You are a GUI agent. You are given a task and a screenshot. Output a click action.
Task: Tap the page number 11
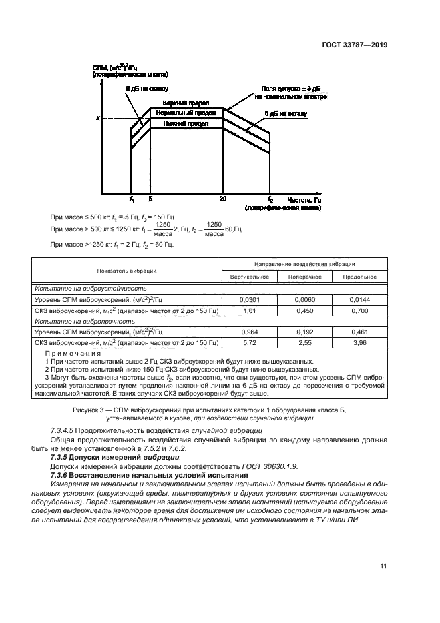click(383, 567)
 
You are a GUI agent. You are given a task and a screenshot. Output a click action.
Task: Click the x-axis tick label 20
click(223, 199)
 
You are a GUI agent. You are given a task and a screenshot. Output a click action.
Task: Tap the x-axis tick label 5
click(151, 199)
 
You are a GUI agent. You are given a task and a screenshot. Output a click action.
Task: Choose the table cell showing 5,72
click(250, 342)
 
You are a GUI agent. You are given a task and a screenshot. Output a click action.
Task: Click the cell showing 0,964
click(250, 330)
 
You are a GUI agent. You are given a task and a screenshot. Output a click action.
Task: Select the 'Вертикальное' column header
click(250, 277)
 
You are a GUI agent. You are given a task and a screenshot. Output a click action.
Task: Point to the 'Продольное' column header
click(359, 277)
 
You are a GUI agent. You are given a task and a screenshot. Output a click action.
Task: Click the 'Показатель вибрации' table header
click(126, 271)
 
